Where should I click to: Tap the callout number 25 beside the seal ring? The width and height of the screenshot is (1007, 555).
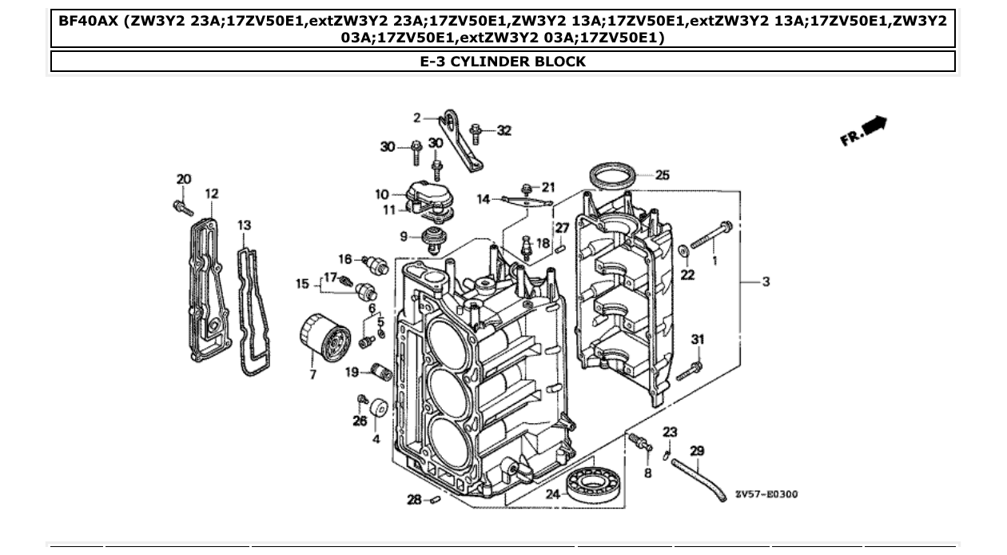(663, 175)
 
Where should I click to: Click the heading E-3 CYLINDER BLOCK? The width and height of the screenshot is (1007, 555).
(503, 62)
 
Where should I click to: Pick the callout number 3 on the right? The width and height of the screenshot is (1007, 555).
(766, 281)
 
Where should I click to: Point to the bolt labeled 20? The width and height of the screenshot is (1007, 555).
(182, 207)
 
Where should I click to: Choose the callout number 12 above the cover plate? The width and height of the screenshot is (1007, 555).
(211, 194)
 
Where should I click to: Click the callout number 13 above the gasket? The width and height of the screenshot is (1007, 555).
(245, 226)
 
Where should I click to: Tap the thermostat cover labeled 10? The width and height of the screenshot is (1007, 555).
(428, 194)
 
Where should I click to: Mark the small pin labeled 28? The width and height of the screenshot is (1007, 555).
(436, 501)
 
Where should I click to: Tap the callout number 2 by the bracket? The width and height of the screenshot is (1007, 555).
(416, 118)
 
